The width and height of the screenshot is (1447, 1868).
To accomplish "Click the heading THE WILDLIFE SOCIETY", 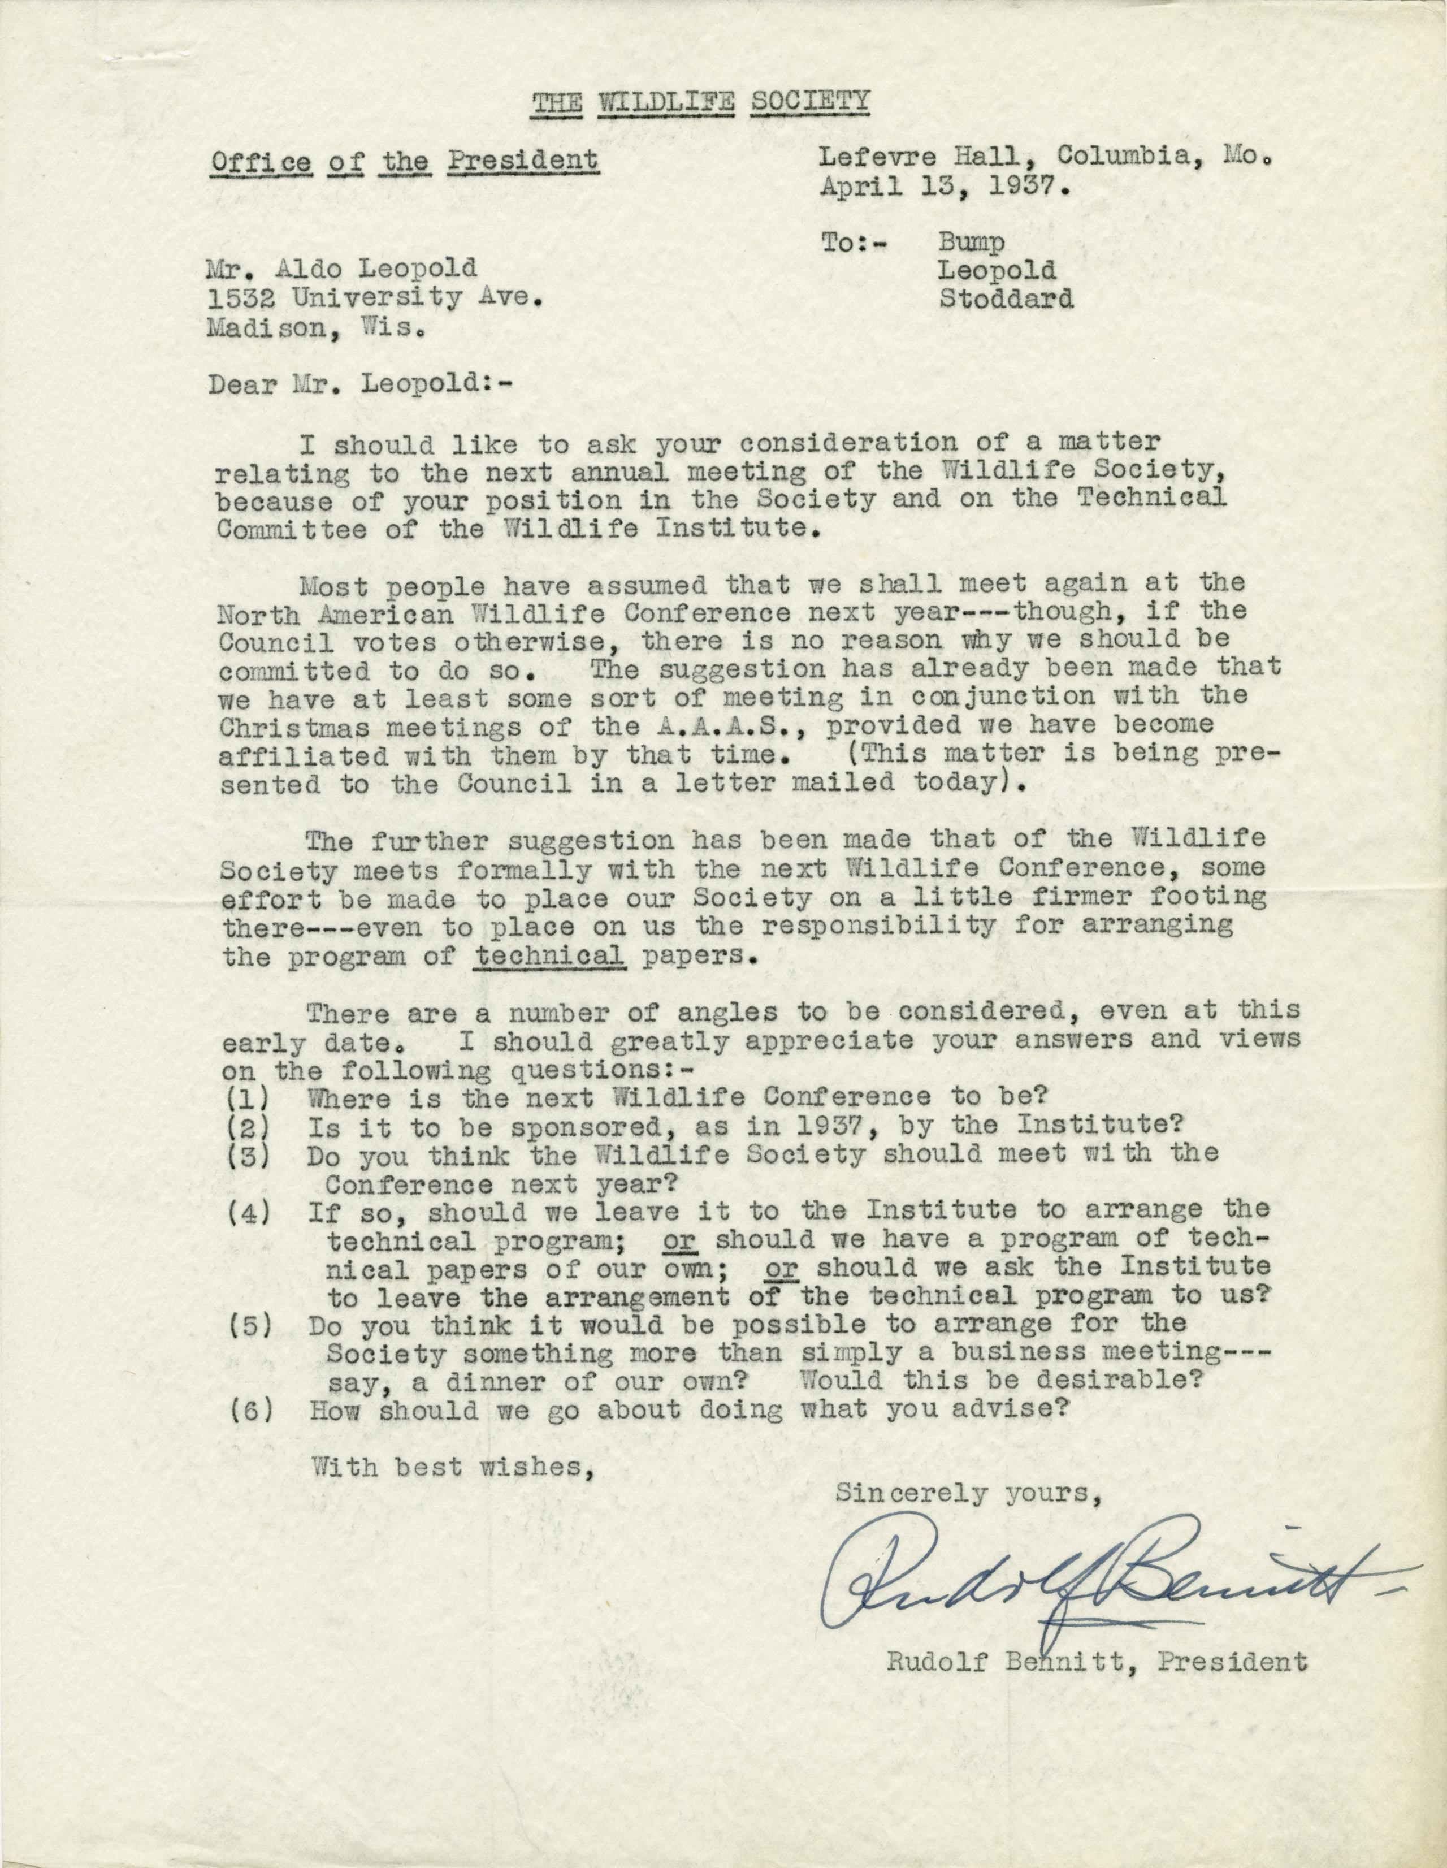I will tap(700, 103).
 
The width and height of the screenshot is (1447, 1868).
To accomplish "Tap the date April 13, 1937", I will tap(945, 187).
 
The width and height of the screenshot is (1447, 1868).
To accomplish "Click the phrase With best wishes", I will tap(450, 1469).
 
